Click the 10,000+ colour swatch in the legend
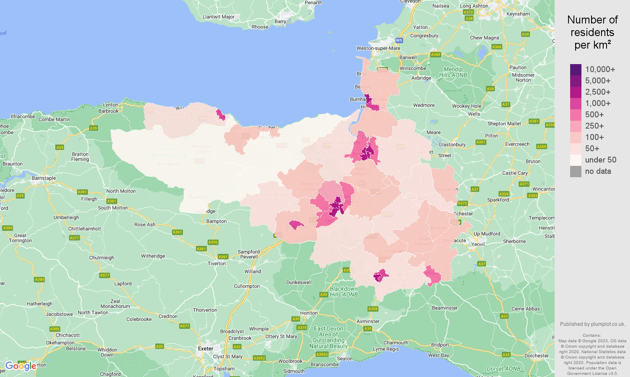[x=576, y=70]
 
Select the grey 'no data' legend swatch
[x=576, y=171]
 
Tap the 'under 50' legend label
[x=600, y=160]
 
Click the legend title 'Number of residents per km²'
[x=592, y=33]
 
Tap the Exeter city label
[x=206, y=349]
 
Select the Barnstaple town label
[x=44, y=178]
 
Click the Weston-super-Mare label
[x=378, y=48]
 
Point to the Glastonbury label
[x=452, y=145]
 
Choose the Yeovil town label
[x=478, y=244]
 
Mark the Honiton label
[x=309, y=313]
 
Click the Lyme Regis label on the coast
[x=386, y=349]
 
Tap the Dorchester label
[x=536, y=356]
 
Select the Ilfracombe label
[x=23, y=116]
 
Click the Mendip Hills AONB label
[x=453, y=72]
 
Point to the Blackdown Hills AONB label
[x=344, y=292]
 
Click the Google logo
[x=21, y=366]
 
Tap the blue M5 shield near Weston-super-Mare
[x=399, y=40]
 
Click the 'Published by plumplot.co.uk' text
[x=592, y=324]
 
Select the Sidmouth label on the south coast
[x=294, y=371]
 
